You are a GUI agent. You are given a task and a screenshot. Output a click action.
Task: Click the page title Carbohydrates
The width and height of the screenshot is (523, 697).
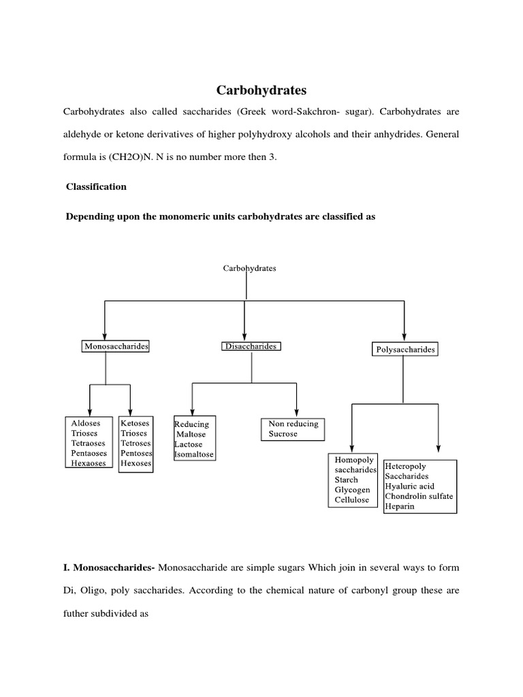click(261, 90)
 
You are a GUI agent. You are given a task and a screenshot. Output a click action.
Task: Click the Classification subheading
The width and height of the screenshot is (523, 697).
click(96, 187)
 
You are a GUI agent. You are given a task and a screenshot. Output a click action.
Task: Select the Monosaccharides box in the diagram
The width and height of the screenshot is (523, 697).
click(116, 346)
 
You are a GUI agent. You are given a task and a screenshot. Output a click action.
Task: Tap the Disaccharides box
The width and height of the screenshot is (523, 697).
click(251, 346)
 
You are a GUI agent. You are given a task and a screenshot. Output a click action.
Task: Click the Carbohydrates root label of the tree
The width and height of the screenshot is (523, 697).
click(250, 268)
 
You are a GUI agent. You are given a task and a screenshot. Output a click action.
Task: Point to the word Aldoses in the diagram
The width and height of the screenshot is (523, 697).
click(86, 423)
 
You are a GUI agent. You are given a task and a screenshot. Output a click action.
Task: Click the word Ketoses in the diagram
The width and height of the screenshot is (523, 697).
click(134, 423)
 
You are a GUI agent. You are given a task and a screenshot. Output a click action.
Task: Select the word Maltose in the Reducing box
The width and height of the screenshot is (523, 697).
click(191, 434)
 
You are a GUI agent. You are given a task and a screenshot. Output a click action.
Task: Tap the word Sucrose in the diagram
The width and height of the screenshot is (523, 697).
click(283, 434)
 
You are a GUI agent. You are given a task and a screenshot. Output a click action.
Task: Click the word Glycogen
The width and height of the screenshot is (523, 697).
click(353, 490)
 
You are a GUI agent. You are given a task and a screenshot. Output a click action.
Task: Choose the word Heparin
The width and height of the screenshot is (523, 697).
click(399, 507)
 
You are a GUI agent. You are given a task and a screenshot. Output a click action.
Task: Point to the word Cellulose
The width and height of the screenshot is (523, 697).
click(352, 500)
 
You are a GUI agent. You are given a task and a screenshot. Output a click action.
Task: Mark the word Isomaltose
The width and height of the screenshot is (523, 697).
click(194, 454)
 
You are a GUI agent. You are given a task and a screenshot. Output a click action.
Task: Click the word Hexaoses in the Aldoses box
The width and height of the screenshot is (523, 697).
click(89, 464)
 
